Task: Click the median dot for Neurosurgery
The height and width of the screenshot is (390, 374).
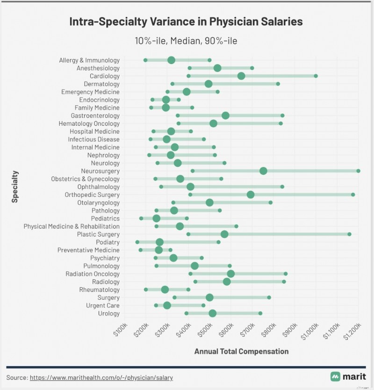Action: coord(263,171)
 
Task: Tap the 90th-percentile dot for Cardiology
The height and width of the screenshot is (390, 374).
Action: coord(316,76)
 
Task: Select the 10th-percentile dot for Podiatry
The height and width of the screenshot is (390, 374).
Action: coord(137,242)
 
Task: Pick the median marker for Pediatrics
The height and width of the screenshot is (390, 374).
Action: coord(156,218)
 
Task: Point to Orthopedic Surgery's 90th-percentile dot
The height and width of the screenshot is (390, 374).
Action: coord(353,195)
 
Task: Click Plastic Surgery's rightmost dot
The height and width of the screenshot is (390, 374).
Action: coord(349,234)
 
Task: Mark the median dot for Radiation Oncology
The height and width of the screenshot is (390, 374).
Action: coord(231,274)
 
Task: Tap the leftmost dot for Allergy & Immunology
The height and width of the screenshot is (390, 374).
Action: coord(145,60)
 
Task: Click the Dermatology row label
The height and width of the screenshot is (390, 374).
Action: coord(102,84)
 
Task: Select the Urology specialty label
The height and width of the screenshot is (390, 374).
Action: coord(108,313)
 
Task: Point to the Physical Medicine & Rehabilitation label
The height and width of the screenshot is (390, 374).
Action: coord(72,226)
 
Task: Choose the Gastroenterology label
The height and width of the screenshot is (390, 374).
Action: coord(95,116)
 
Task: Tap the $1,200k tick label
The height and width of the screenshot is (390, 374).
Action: coord(352,331)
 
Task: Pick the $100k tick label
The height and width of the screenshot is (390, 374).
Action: coord(120,330)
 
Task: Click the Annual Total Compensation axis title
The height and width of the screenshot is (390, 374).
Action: coord(241,352)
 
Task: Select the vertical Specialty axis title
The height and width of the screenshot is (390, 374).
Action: coord(15,187)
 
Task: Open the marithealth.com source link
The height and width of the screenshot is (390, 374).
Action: coord(101,377)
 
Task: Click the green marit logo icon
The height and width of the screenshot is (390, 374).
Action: coord(335,376)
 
